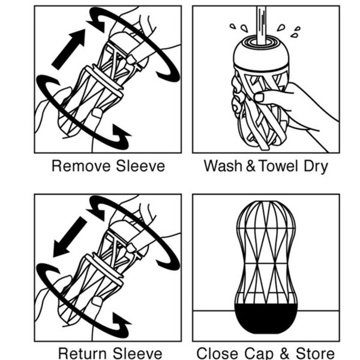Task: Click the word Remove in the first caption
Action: pos(81,166)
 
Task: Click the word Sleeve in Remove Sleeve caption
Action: pos(140,166)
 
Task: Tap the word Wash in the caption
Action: pos(223,166)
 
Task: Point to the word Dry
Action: pos(316,166)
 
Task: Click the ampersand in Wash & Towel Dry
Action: pos(250,166)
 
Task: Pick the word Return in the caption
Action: pos(83,353)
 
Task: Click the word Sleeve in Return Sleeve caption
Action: pos(137,353)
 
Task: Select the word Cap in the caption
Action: pos(259,353)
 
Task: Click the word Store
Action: pos(315,353)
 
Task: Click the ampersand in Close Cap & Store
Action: pos(284,353)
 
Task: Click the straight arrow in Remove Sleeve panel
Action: pos(68,49)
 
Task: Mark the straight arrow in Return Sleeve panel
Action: pos(70,237)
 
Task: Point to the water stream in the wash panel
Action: pos(261,25)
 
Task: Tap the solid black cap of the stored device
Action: pos(266,318)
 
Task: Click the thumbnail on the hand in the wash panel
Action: pos(259,97)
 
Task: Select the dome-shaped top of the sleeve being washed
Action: pos(261,55)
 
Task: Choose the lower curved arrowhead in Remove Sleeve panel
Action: pos(120,137)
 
